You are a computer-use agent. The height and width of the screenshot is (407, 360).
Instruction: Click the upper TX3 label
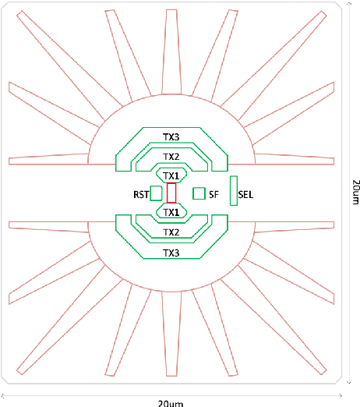point(171,136)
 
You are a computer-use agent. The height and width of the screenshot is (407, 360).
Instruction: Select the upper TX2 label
point(171,156)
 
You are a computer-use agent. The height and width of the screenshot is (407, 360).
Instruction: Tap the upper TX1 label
point(171,175)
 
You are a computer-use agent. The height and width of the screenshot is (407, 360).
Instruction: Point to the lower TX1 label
point(171,211)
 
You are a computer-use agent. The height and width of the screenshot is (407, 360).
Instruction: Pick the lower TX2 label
point(171,232)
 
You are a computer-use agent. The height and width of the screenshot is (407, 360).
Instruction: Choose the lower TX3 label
point(171,253)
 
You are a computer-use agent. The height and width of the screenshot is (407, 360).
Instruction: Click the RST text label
point(140,193)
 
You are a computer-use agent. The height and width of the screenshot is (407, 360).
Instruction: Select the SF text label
point(214,193)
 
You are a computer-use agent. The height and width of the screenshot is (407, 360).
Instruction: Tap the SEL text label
point(245,193)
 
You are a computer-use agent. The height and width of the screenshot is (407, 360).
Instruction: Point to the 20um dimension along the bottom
point(171,402)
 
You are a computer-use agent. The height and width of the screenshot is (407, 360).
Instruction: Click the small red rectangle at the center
point(171,193)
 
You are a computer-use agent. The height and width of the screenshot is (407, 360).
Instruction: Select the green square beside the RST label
point(156,193)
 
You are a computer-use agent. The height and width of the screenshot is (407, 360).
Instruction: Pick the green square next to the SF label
point(198,193)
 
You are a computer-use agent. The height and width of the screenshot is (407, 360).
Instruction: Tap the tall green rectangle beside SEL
point(232,191)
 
